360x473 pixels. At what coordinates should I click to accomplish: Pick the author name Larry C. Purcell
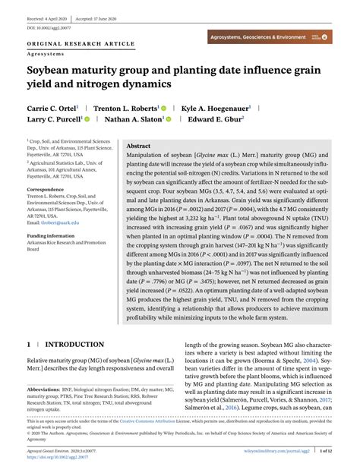point(52,120)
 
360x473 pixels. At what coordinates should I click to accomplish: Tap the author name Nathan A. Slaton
point(134,120)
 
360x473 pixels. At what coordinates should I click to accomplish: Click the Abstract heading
point(138,145)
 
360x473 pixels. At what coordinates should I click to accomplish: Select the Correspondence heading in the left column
point(46,188)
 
